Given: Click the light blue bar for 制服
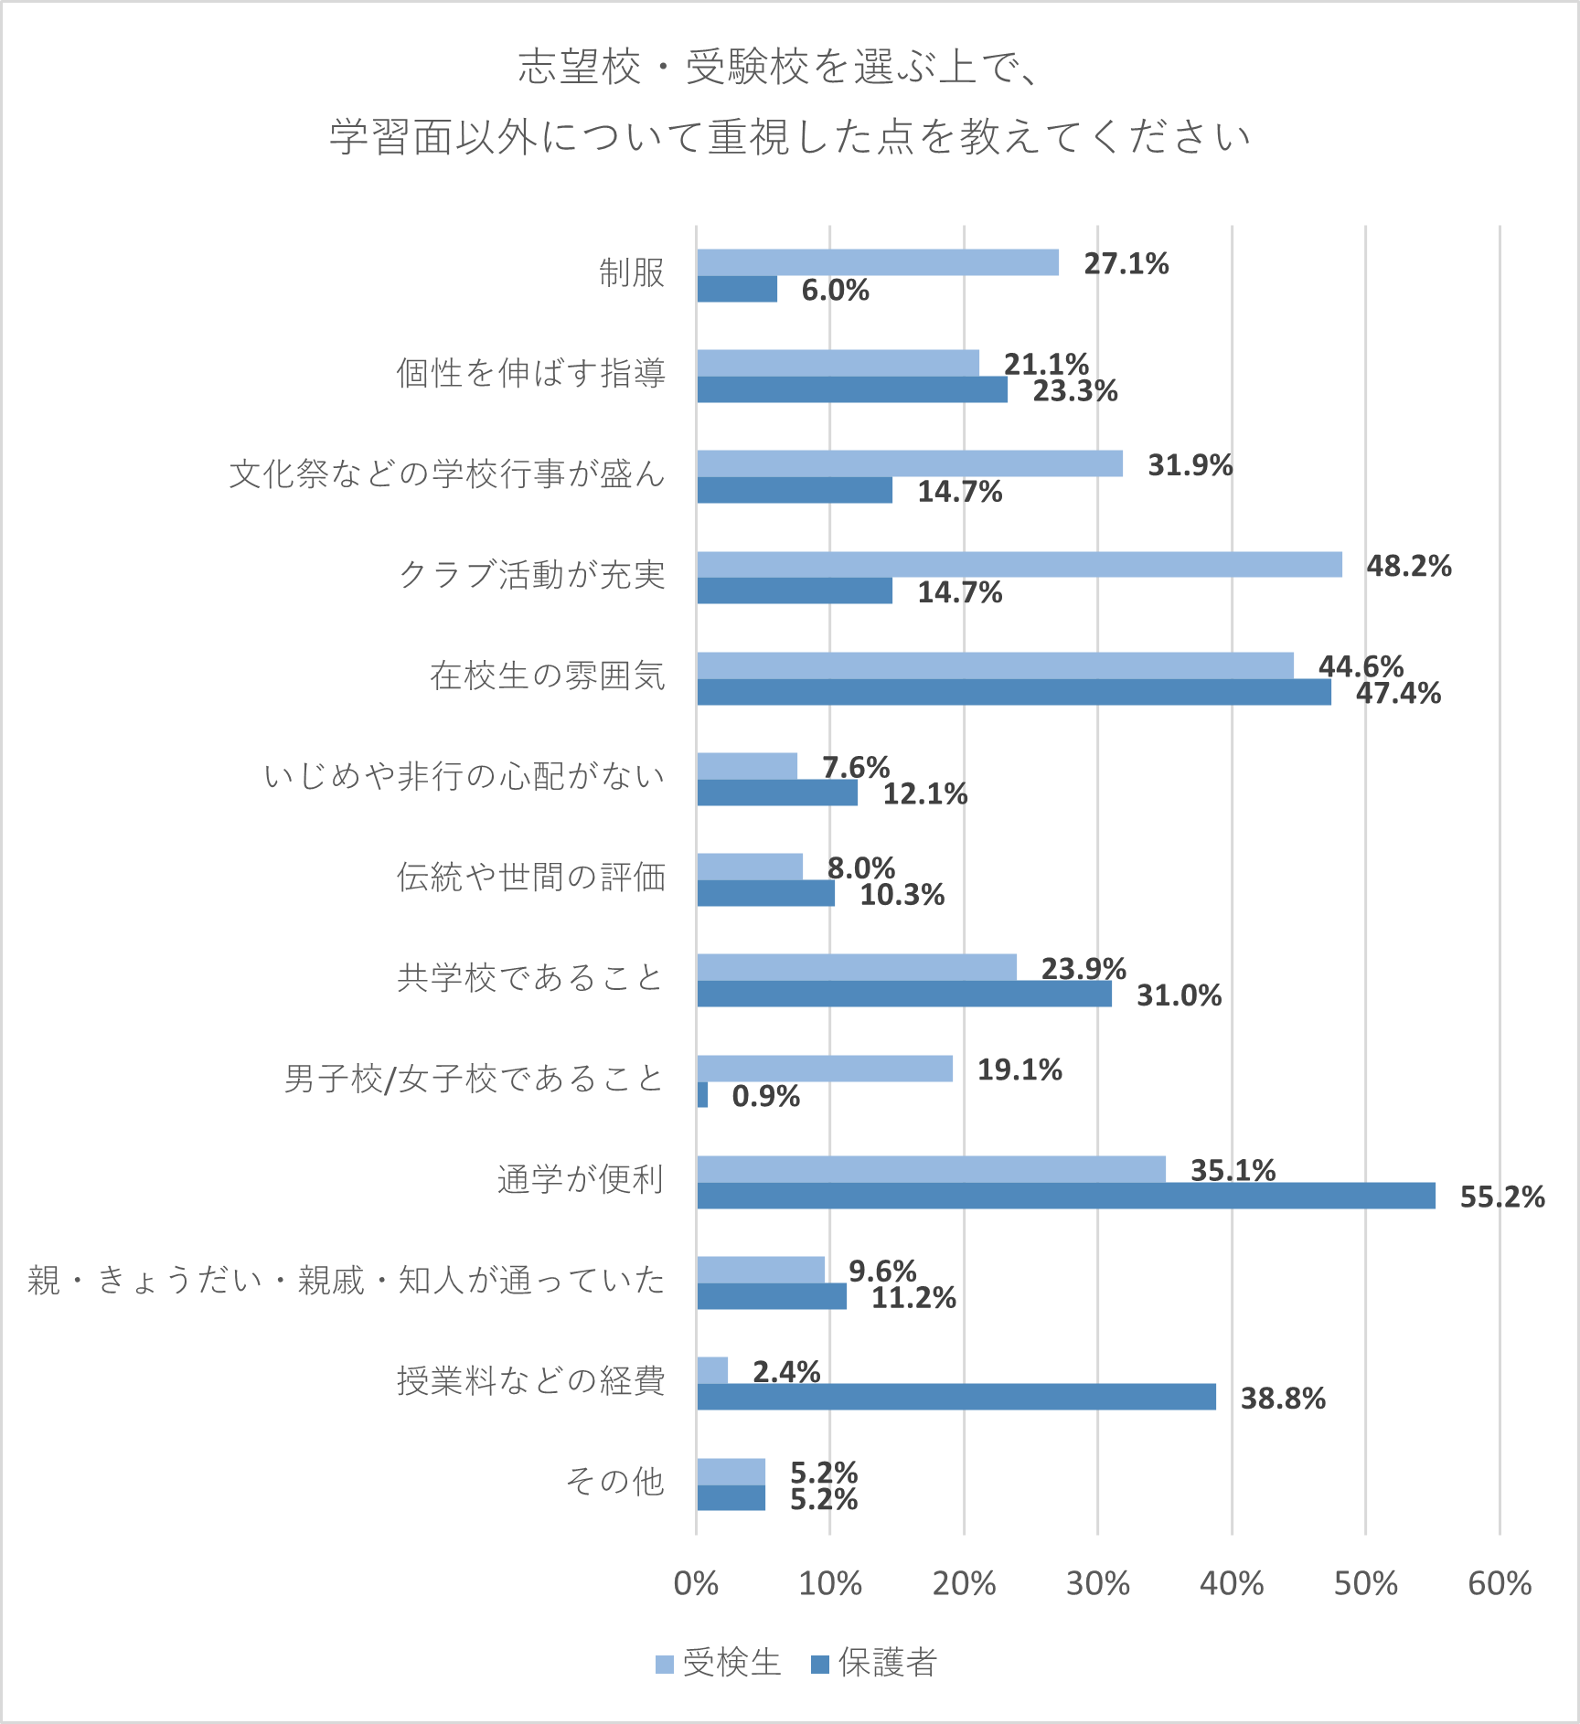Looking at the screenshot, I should (x=878, y=262).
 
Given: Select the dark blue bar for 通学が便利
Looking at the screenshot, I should (x=1065, y=1196).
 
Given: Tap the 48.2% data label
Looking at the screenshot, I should (x=1408, y=566).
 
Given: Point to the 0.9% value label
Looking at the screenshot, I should (x=765, y=1096).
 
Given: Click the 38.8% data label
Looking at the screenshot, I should (x=1282, y=1398).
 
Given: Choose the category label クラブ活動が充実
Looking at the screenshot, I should (x=531, y=575).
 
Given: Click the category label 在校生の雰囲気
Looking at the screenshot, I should (x=547, y=676).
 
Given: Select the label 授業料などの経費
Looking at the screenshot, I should (x=530, y=1380).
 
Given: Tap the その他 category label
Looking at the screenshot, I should (x=614, y=1481).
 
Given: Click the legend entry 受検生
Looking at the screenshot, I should (x=719, y=1663).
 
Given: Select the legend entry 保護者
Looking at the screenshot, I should (x=874, y=1663).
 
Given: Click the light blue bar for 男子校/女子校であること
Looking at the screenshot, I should (x=824, y=1069).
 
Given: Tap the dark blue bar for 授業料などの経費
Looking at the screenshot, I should (x=955, y=1397).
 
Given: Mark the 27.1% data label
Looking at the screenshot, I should (x=1126, y=264).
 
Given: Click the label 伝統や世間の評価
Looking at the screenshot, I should (x=530, y=877).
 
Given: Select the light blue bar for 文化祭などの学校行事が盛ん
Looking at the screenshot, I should (x=910, y=463).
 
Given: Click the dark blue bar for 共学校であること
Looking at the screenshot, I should (x=903, y=994).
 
